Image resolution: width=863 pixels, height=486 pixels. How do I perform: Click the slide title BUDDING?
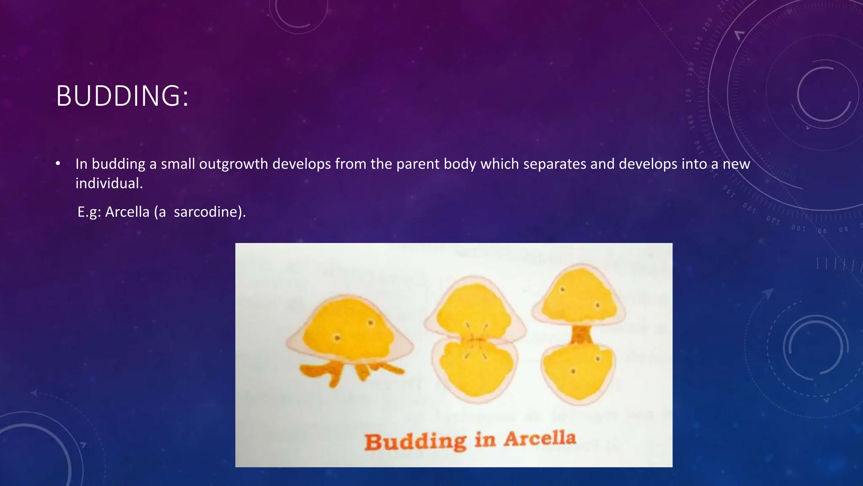pos(122,96)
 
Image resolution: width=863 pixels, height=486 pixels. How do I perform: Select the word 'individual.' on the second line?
pos(109,184)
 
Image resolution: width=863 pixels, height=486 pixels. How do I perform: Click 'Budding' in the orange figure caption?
pos(415,442)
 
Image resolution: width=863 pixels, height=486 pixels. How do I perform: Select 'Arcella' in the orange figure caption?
pos(540,439)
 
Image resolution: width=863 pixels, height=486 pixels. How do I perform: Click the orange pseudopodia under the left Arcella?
pos(350,371)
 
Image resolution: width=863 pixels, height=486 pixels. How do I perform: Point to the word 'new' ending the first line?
pos(736,164)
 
